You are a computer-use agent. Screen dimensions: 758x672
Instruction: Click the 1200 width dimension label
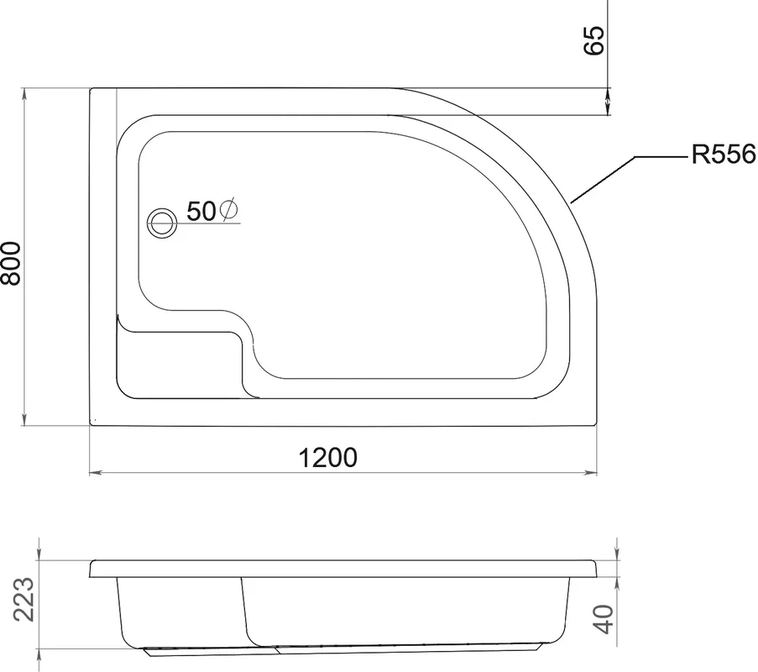click(328, 457)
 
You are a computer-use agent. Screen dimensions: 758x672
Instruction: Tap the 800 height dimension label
click(11, 263)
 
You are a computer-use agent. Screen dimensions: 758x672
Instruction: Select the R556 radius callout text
click(724, 155)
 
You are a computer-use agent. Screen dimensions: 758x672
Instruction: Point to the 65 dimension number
click(594, 40)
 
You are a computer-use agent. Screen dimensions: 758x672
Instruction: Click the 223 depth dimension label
click(24, 600)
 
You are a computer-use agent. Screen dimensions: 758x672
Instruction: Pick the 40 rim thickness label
click(604, 619)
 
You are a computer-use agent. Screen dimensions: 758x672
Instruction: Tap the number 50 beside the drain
click(201, 211)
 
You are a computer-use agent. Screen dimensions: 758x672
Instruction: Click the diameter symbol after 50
click(228, 209)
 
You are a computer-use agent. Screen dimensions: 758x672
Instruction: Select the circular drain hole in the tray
click(163, 223)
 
